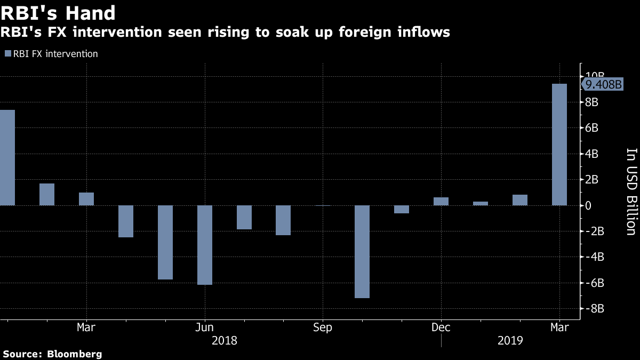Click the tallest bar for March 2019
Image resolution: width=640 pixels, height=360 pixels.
click(559, 145)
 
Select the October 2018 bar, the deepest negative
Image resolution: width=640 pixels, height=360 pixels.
click(362, 252)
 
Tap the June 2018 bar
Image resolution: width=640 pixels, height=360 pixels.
click(205, 245)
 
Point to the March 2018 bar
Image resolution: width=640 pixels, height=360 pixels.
click(86, 199)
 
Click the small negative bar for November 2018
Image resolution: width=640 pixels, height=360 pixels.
click(402, 209)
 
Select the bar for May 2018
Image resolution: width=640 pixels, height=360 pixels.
click(165, 242)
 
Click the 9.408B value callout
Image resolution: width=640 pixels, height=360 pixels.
click(603, 84)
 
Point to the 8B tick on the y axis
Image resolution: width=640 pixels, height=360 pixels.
click(593, 102)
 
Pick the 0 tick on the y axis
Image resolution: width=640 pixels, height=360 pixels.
click(589, 205)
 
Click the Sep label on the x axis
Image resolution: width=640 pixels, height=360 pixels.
click(323, 327)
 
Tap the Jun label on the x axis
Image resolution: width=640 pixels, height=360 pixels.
click(205, 327)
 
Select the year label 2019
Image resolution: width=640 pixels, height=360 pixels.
click(509, 340)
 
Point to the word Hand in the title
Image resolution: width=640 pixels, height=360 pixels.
click(87, 12)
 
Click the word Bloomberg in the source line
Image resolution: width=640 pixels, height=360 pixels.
click(75, 354)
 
